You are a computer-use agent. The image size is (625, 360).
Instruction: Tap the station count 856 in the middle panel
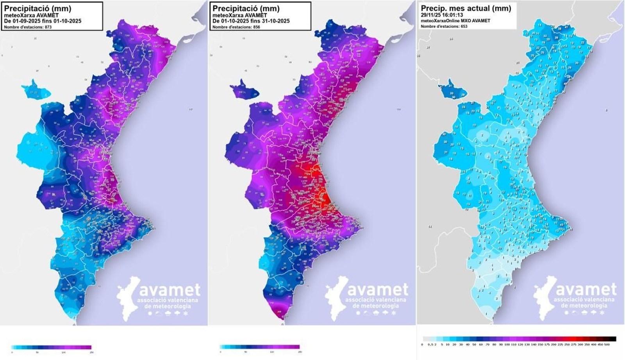click(257, 27)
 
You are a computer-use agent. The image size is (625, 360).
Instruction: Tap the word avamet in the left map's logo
click(170, 290)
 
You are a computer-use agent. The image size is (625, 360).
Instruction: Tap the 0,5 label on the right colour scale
click(430, 344)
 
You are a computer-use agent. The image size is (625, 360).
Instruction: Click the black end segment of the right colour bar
click(612, 339)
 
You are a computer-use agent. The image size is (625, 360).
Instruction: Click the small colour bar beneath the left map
click(51, 347)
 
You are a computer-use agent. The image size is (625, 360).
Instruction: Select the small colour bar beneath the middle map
click(259, 347)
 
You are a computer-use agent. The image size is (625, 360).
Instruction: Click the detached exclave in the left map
click(36, 91)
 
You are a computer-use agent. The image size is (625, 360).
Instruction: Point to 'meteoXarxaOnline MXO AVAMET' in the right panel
click(455, 21)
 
